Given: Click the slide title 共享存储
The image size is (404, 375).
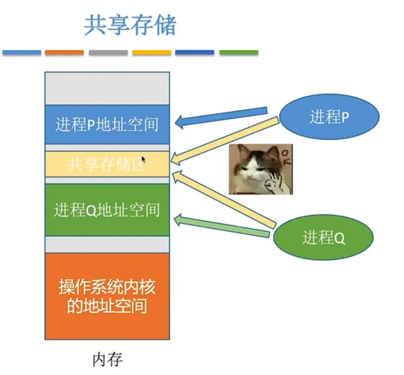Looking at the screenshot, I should [130, 25].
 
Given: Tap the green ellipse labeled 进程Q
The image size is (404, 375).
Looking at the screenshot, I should [323, 238].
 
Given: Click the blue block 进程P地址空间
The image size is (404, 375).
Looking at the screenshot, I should [107, 124].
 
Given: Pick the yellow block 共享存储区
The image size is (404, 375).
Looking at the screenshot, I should [107, 164].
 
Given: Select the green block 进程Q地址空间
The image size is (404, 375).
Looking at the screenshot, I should [107, 210].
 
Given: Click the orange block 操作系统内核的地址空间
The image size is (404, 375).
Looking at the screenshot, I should [107, 296].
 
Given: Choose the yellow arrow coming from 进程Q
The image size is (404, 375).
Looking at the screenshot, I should [223, 198].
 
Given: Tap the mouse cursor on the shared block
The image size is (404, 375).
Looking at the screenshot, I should [143, 159].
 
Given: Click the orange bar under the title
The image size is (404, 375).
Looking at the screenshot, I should [64, 53].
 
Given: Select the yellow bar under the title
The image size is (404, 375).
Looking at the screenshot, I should [152, 53].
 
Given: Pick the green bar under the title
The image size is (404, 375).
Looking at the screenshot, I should [238, 53].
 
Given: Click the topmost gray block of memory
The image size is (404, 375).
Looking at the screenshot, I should [107, 88].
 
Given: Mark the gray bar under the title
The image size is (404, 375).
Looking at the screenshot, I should [108, 53].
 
